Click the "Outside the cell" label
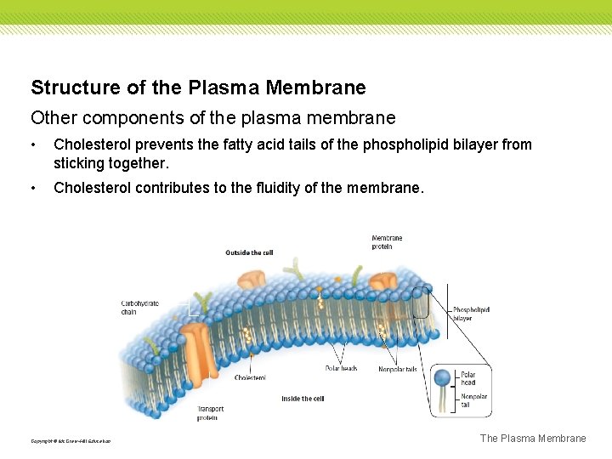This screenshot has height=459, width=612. (249, 252)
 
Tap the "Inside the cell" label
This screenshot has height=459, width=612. (303, 399)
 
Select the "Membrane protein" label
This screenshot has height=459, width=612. (387, 241)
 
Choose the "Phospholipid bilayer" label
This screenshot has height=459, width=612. (471, 314)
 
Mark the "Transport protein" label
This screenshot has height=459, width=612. (207, 413)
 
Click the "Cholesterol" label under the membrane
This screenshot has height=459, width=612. (250, 377)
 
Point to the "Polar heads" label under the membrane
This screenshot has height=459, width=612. (341, 368)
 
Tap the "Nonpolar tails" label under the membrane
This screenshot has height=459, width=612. (397, 368)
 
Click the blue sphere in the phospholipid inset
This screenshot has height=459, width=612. (443, 377)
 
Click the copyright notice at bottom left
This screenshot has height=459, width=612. (71, 440)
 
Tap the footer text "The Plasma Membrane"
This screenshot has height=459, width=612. (533, 439)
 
